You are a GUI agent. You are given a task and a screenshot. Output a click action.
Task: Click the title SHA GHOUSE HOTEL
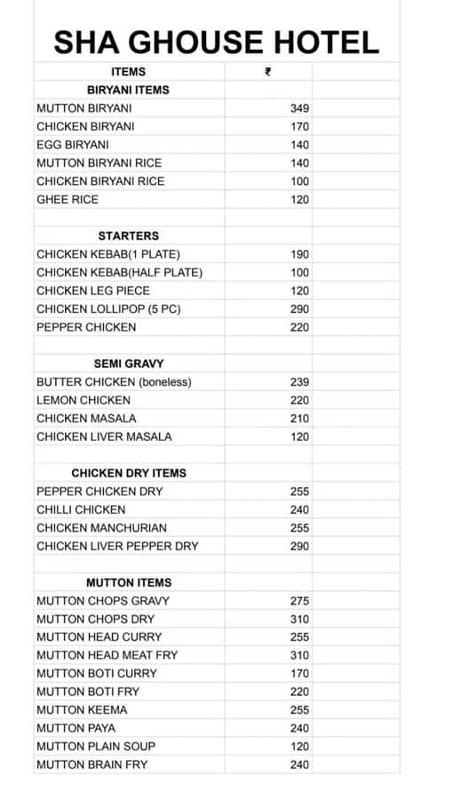[216, 42]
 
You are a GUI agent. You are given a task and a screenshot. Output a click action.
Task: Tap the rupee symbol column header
[268, 72]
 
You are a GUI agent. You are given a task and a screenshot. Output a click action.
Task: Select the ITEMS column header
[128, 72]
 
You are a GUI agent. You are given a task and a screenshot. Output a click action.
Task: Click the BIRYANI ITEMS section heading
[128, 90]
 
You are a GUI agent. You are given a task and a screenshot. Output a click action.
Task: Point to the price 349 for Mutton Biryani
[299, 108]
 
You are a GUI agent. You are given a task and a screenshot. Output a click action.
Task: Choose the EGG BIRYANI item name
[73, 145]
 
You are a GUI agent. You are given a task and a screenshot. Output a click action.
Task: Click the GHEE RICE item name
[68, 200]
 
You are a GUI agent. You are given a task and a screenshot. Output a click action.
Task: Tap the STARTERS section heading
[128, 236]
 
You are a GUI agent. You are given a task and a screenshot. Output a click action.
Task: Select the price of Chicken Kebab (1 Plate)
[299, 254]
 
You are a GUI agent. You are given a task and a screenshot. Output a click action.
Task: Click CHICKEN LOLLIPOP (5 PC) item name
[108, 309]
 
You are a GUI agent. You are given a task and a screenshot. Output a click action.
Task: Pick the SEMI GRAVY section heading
[128, 364]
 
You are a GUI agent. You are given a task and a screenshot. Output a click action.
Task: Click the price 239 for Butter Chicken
[299, 382]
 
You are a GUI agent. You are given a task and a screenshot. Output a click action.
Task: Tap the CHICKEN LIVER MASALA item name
[104, 436]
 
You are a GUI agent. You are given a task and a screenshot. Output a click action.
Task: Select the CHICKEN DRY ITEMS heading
[128, 473]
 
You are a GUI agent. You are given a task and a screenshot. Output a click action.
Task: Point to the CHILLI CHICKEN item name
[81, 509]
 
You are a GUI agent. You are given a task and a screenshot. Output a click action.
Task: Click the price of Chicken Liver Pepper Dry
[299, 546]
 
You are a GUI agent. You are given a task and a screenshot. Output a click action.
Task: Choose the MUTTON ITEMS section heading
[128, 582]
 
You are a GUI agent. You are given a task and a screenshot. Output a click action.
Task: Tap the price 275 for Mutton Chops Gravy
[299, 601]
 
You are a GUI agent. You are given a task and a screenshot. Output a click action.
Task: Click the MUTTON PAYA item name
[76, 728]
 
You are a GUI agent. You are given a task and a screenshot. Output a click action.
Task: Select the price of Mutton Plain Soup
[299, 747]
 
